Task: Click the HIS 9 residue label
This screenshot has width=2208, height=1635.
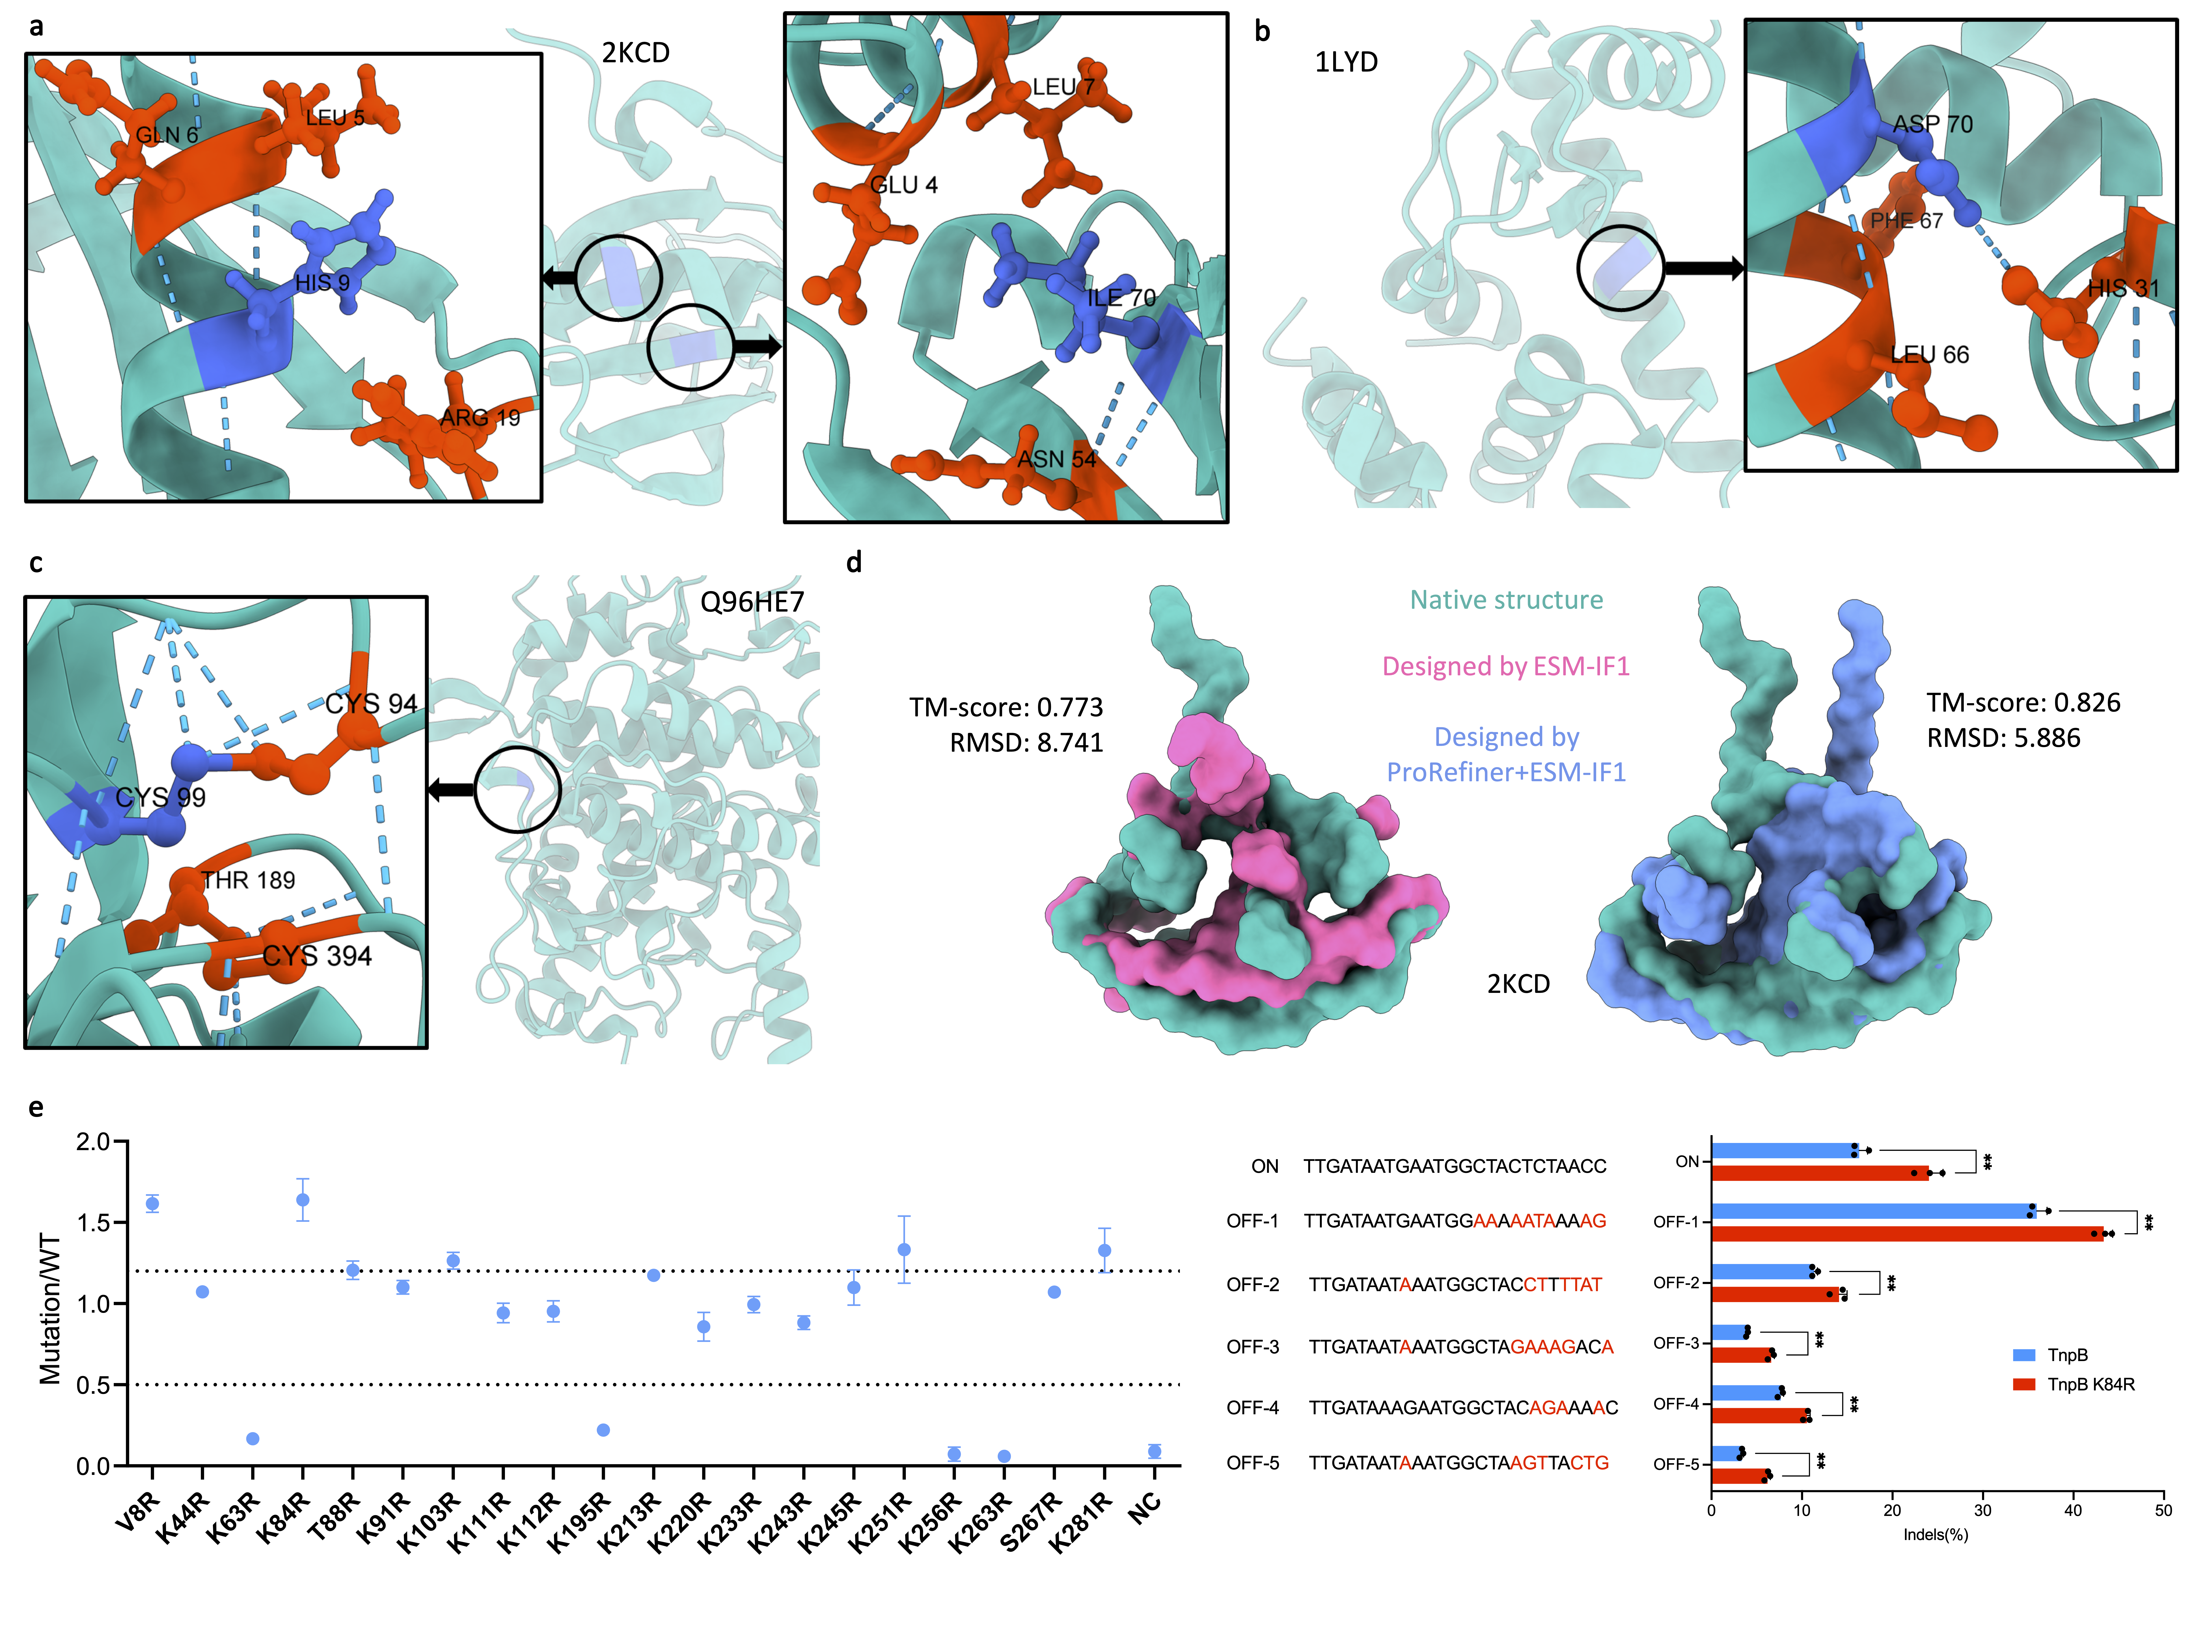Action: (x=322, y=283)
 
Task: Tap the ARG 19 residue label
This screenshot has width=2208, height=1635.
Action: (x=480, y=418)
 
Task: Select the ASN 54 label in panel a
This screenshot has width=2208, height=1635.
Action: (x=1056, y=459)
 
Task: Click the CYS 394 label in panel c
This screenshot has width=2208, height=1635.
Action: (x=317, y=956)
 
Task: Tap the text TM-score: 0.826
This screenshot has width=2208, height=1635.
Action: (x=2023, y=703)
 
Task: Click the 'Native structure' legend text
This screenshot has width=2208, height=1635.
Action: (x=1505, y=600)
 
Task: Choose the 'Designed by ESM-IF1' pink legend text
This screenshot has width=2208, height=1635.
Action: (x=1505, y=666)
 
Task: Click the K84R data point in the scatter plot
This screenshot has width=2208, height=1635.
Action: (x=303, y=1200)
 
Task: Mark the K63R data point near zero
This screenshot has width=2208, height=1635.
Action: (x=252, y=1438)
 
